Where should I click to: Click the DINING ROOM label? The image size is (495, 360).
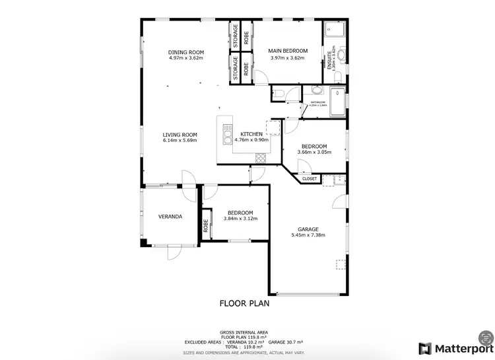pos(185,52)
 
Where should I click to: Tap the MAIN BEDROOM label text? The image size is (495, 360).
pos(288,51)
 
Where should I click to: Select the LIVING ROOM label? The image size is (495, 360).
pos(180,135)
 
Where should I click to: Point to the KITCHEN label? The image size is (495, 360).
pos(251,134)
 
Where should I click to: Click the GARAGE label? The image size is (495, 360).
pos(308,229)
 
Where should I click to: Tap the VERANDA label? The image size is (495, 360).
pos(170,217)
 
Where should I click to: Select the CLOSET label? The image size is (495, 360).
pos(310,179)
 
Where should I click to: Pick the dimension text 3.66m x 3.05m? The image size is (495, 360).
pos(314,152)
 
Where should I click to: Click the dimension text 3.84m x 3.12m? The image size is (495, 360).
pos(240,219)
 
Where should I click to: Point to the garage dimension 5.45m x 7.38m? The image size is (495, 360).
pos(308,235)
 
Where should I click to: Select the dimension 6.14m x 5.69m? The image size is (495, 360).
pos(180,141)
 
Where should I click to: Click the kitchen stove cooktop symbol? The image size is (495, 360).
pos(260,157)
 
